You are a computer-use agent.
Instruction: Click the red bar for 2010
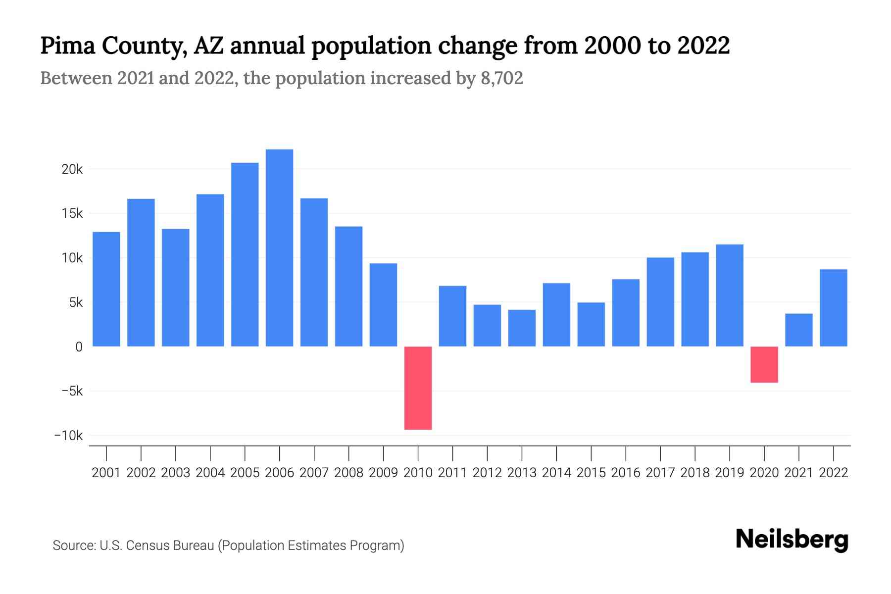[418, 388]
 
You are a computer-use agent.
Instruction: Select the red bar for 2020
[764, 364]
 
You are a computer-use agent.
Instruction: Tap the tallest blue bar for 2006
[279, 247]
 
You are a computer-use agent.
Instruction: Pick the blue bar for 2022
[833, 307]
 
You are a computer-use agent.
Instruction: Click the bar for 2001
[106, 289]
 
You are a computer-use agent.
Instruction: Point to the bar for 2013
[522, 328]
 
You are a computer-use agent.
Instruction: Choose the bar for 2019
[729, 296]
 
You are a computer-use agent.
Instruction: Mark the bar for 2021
[798, 330]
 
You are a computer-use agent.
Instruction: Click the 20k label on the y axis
[72, 169]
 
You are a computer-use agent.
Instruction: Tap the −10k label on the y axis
[69, 436]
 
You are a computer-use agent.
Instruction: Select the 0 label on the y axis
[79, 347]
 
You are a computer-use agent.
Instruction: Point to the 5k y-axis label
[76, 302]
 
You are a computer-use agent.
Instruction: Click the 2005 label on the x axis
[245, 473]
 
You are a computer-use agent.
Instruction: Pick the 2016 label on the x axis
[625, 473]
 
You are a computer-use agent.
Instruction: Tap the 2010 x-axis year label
[418, 473]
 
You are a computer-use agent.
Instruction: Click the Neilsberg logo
[792, 540]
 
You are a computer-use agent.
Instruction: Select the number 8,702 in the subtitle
[501, 78]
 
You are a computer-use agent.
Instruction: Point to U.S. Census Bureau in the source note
[156, 545]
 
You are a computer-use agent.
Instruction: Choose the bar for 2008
[348, 286]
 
